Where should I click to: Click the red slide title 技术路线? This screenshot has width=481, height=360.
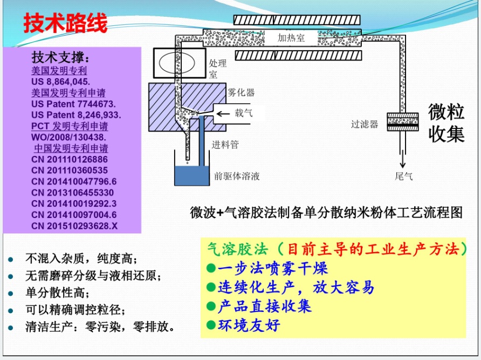coord(65,23)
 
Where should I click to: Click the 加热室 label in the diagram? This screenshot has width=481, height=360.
coord(291,38)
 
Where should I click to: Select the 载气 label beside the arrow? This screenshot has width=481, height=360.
coord(243,113)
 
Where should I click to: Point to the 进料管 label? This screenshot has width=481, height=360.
coord(225,144)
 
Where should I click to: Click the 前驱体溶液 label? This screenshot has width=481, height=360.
coord(237,176)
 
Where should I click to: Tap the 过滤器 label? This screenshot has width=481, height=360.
coord(365,124)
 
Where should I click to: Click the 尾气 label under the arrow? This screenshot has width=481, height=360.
coord(404,176)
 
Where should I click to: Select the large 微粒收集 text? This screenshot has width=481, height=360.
coord(446,123)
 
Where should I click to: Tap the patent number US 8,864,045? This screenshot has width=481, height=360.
coord(60,81)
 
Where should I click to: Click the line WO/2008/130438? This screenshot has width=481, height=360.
coord(67,137)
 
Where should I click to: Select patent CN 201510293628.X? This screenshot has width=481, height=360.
coord(74,226)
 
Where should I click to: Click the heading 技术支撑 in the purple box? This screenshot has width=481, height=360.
coord(61,58)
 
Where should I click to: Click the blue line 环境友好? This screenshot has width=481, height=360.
coord(249,325)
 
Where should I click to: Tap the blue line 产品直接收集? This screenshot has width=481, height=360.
coord(264,306)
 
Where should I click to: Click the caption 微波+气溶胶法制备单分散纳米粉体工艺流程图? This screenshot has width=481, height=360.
coord(326,212)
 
